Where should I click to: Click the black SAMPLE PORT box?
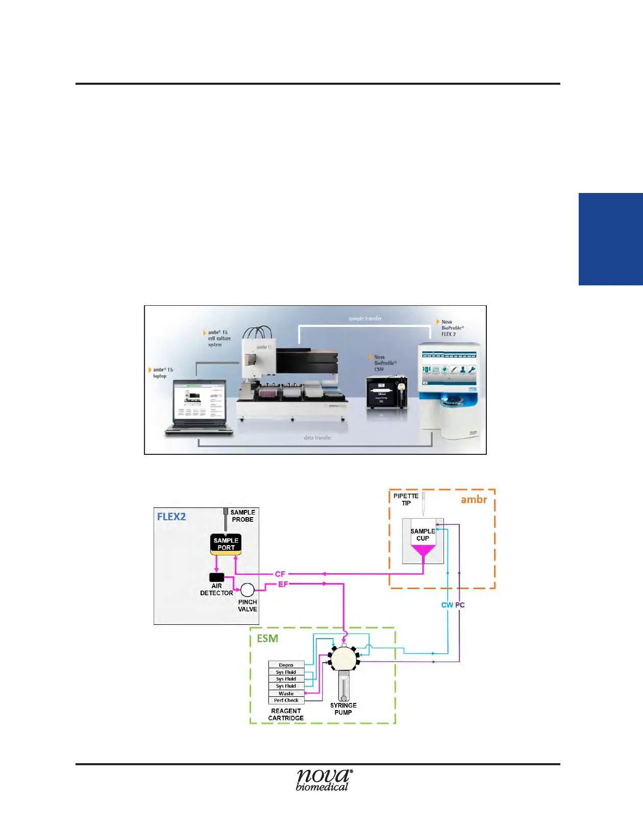tap(226, 544)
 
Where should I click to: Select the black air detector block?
tap(217, 577)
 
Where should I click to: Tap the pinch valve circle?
tap(248, 590)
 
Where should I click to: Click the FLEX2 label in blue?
tap(171, 517)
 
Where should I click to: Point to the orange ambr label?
tap(474, 500)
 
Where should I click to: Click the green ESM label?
tap(267, 639)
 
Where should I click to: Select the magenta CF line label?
tap(280, 574)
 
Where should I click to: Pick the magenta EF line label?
tap(283, 585)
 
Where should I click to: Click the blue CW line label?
tap(447, 605)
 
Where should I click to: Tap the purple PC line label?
tap(460, 605)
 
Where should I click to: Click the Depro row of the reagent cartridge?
tap(286, 665)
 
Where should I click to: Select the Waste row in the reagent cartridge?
tap(286, 693)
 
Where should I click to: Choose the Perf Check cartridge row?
tap(286, 700)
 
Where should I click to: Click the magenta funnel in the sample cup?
tap(423, 551)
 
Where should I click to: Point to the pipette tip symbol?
tap(424, 503)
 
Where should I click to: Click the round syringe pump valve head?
tap(343, 659)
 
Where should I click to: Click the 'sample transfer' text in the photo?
tap(365, 319)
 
